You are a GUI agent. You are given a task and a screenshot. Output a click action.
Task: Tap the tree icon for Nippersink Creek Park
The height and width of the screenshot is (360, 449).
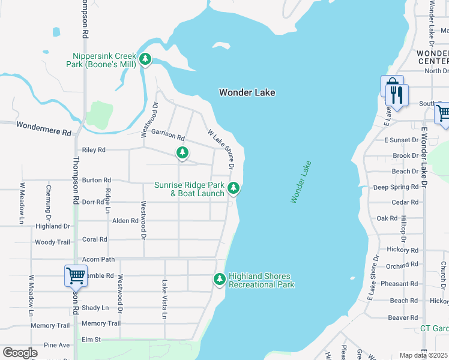pos(145,59)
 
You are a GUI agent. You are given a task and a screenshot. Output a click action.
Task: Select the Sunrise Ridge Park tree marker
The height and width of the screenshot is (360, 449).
pos(234,188)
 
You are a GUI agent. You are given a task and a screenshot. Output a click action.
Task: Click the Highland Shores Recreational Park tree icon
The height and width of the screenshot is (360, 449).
pos(220,279)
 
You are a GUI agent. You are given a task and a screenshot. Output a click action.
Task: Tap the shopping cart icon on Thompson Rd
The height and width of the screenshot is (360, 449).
pos(76,276)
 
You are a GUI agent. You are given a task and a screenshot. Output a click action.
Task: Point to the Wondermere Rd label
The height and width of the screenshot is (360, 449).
pos(44,126)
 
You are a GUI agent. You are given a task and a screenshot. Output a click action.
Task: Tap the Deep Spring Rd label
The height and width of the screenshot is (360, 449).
pos(395,187)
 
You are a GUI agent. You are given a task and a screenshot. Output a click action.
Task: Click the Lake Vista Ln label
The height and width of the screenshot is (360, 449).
pos(164,299)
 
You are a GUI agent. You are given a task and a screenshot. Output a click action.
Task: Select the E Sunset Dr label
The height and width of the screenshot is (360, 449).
pos(401,140)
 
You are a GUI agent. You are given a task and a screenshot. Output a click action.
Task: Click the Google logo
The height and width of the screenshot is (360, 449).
pos(20,353)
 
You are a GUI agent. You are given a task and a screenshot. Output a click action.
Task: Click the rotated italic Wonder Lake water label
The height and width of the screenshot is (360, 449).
pos(301,182)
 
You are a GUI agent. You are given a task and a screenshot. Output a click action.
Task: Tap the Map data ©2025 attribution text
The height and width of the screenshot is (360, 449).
pos(424,355)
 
